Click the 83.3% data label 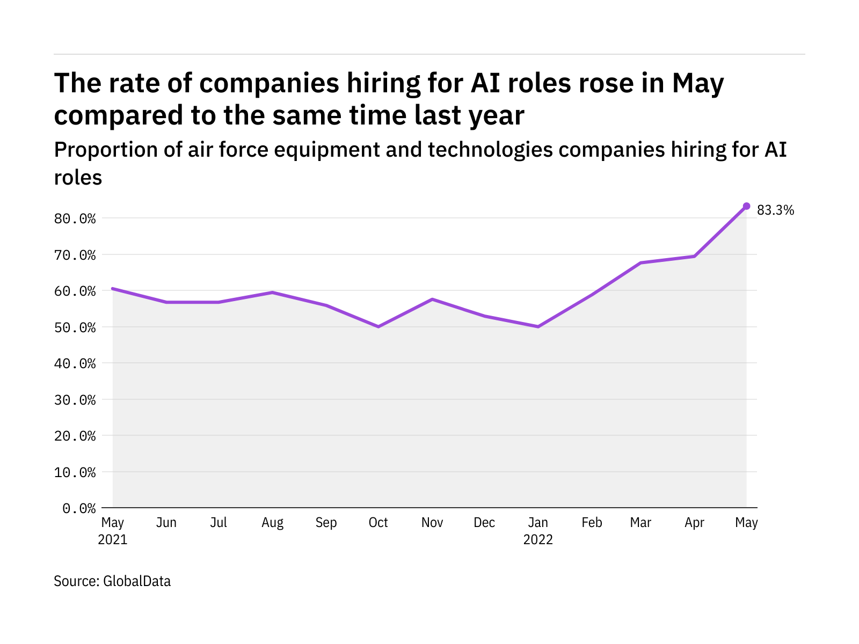click(x=775, y=210)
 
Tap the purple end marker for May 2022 click(x=746, y=206)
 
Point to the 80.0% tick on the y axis click(x=79, y=218)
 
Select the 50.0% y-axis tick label click(x=79, y=327)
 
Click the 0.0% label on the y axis click(x=79, y=508)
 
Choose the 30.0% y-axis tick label click(x=79, y=400)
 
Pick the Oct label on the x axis click(x=378, y=523)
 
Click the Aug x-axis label click(x=272, y=523)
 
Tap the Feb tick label click(x=592, y=523)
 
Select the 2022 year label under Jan click(x=538, y=540)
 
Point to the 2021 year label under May click(x=113, y=540)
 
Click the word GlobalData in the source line click(x=137, y=581)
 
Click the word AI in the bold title click(x=486, y=83)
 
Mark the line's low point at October click(x=378, y=326)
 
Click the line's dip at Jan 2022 click(x=538, y=326)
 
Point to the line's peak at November click(x=432, y=299)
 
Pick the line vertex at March click(x=640, y=262)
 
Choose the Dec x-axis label click(x=484, y=523)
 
